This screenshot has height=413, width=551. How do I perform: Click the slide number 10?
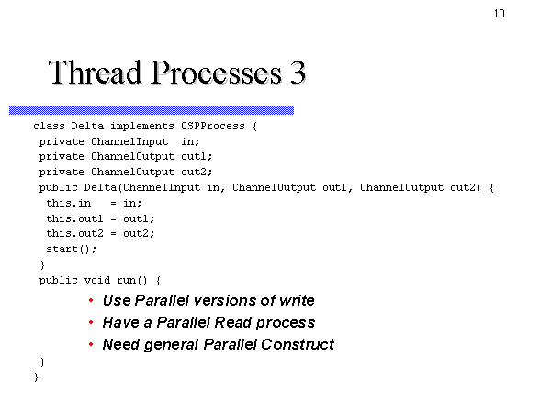point(500,14)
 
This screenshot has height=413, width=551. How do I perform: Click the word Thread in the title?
point(95,72)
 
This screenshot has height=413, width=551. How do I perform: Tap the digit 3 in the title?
point(298,73)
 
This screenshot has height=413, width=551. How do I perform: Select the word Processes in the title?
point(216,73)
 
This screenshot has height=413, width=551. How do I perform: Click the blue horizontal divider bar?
point(152,110)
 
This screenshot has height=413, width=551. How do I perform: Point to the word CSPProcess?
point(213,126)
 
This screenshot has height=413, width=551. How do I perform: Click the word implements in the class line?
point(142,127)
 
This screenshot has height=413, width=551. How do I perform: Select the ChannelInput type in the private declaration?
point(129,142)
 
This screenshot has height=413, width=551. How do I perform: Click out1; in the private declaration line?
point(197,156)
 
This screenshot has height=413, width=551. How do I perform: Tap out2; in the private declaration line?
point(197,172)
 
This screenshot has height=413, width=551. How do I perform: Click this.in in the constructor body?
point(69,203)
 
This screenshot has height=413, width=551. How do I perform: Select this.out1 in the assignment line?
point(75,218)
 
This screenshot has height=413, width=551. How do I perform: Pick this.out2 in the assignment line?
point(75,233)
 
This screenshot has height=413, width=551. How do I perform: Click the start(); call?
point(72,249)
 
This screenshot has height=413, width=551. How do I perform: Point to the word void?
point(97,280)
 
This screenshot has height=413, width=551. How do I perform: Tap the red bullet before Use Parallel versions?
point(91,300)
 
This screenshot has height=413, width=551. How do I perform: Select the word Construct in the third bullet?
point(298,344)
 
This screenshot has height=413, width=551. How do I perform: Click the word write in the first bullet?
point(297,300)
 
